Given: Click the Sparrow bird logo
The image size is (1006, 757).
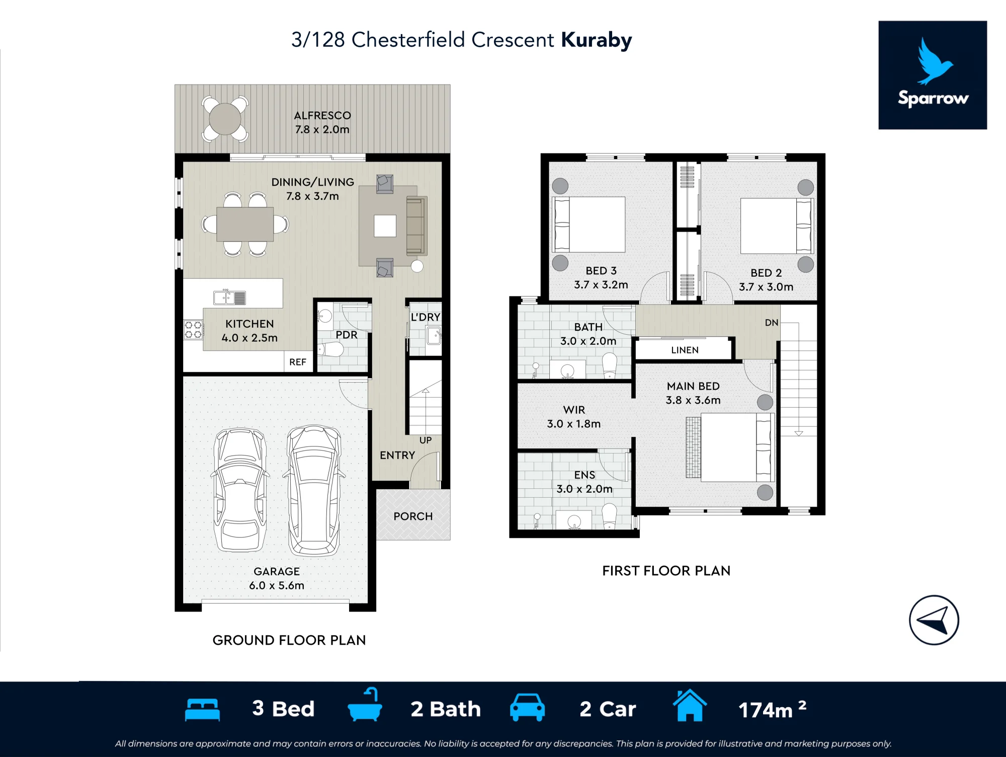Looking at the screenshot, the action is pyautogui.click(x=935, y=60).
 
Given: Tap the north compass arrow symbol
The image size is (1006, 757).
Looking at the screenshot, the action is pyautogui.click(x=934, y=620).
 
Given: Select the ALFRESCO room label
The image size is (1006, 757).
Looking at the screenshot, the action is pyautogui.click(x=322, y=116).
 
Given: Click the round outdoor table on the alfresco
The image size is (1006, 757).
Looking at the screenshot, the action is pyautogui.click(x=225, y=119).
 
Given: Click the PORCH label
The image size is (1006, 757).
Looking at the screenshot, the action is pyautogui.click(x=413, y=516).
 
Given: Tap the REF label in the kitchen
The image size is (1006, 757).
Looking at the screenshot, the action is pyautogui.click(x=298, y=362).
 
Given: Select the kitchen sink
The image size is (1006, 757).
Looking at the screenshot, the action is pyautogui.click(x=230, y=297).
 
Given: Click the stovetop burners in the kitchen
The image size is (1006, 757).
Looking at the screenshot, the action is pyautogui.click(x=193, y=330).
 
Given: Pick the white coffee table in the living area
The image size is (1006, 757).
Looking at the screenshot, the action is pyautogui.click(x=385, y=225).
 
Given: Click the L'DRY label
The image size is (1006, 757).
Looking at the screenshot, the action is pyautogui.click(x=426, y=317).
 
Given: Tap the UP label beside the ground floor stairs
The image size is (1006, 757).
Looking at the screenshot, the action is pyautogui.click(x=426, y=440).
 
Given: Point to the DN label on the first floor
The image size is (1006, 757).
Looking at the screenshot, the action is pyautogui.click(x=772, y=323).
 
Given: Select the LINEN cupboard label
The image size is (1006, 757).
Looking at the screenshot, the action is pyautogui.click(x=685, y=350).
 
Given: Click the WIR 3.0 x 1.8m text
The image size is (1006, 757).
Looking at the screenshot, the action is pyautogui.click(x=574, y=417).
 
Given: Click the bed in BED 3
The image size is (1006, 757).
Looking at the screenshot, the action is pyautogui.click(x=589, y=224).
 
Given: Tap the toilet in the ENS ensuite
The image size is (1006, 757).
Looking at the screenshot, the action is pyautogui.click(x=609, y=517).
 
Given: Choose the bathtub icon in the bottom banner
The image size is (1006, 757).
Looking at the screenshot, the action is pyautogui.click(x=365, y=705).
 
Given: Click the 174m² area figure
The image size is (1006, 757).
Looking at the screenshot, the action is pyautogui.click(x=772, y=709).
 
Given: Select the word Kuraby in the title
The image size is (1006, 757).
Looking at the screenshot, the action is pyautogui.click(x=597, y=40).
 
